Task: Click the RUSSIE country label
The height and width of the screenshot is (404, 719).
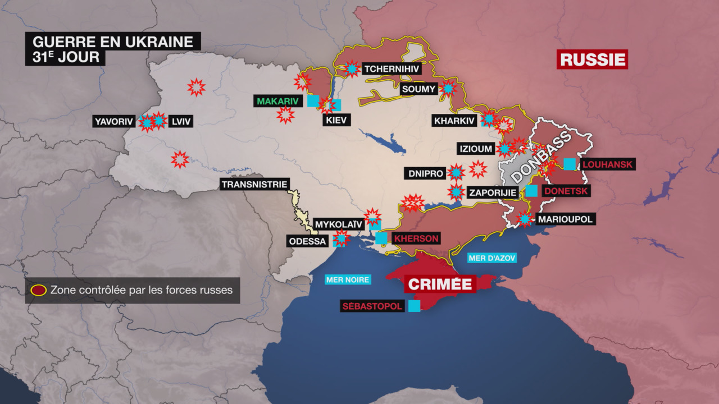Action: coord(592,59)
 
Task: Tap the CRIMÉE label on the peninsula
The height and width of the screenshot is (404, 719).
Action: coord(440,283)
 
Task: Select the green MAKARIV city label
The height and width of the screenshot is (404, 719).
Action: coord(277,101)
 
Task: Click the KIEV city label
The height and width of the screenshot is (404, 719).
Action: coord(336,120)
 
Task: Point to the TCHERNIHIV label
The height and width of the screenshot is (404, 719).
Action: coord(391,69)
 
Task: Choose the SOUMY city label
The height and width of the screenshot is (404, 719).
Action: coord(418,89)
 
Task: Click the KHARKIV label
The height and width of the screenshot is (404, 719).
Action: coord(454,121)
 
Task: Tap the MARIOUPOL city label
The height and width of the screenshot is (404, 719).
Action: coord(565,219)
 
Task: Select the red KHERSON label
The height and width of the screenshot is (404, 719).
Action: coord(416,238)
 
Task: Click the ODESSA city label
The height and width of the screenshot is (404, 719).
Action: coord(307,241)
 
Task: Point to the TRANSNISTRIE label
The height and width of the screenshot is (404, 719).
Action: coord(254,184)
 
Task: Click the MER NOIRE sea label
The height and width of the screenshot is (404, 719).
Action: coord(348,279)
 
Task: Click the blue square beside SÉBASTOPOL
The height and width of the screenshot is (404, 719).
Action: coord(415,306)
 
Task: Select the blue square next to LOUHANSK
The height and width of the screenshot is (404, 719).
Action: coord(570,164)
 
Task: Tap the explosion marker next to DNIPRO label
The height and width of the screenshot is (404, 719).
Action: coord(457,173)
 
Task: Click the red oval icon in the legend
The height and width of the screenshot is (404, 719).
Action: coord(39,291)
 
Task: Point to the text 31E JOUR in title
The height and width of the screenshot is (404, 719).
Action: coord(66,57)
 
